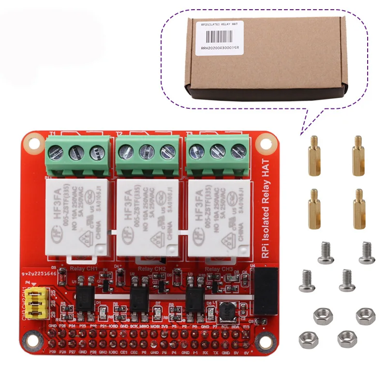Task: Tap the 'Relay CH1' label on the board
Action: tap(84, 268)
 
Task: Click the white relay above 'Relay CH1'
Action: tap(76, 218)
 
